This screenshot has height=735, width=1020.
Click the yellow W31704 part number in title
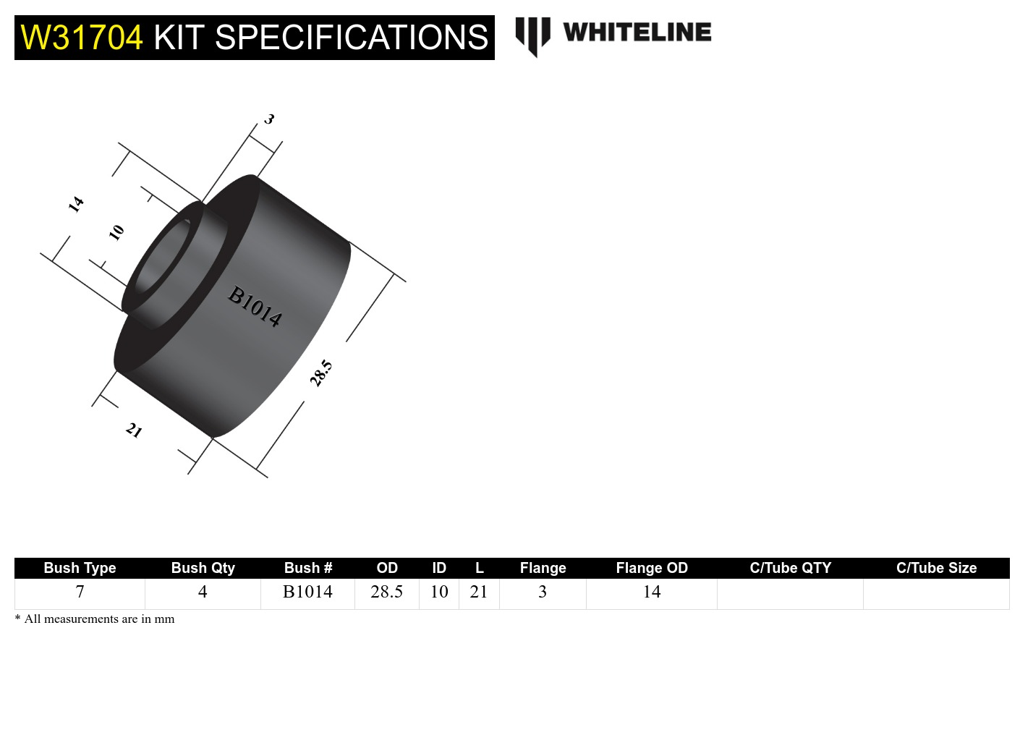82,38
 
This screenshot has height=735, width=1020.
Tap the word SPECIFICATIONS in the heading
352,38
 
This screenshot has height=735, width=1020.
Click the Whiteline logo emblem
532,35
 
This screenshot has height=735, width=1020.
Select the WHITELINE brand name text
637,33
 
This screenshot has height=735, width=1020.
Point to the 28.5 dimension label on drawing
320,373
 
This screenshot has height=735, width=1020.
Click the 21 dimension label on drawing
134,430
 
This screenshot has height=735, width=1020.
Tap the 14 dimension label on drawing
76,204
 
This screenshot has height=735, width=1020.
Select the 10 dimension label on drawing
116,232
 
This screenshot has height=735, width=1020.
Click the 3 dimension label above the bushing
269,119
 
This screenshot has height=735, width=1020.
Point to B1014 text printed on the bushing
255,306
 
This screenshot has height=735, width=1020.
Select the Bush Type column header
80,568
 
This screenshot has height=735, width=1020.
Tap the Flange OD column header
651,568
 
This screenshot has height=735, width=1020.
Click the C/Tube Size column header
936,568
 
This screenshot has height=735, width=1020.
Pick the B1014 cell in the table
307,592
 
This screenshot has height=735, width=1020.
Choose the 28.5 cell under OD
386,592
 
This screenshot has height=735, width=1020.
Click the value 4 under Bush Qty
203,592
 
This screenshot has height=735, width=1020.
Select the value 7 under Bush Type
80,592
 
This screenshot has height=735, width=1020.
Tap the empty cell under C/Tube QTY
790,593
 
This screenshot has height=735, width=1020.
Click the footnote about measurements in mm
95,619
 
